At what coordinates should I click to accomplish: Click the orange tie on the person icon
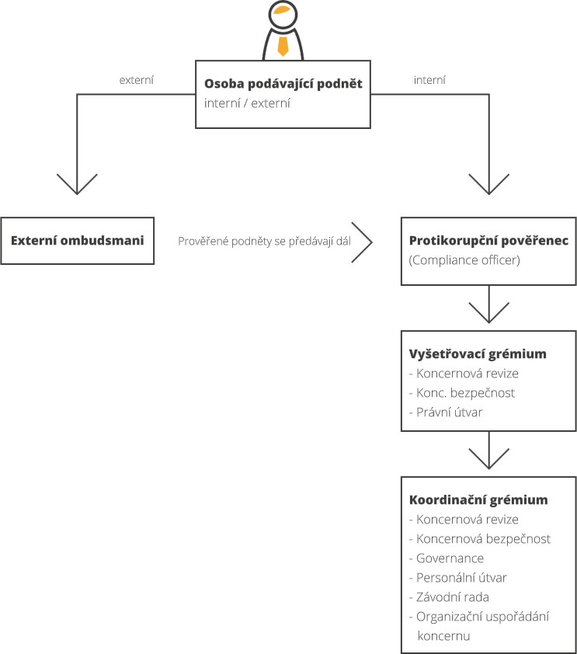point(283,46)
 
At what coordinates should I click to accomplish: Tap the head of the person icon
point(283,15)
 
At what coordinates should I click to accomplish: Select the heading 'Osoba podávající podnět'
point(283,83)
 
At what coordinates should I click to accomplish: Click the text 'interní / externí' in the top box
point(247,103)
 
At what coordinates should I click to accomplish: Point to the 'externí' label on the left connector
point(137,80)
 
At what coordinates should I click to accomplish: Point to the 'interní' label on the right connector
point(429,80)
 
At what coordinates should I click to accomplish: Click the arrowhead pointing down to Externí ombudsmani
point(77,184)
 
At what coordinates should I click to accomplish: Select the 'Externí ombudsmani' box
point(77,241)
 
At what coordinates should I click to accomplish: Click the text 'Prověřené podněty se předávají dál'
point(264,241)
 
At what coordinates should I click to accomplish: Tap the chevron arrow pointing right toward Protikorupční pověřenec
point(362,242)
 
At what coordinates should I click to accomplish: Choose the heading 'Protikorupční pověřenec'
point(488,241)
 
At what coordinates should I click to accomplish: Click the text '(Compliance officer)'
point(464,260)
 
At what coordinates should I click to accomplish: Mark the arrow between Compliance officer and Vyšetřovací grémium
point(489,304)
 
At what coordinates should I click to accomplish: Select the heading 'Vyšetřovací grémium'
point(478,353)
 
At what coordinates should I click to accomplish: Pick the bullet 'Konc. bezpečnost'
point(462,393)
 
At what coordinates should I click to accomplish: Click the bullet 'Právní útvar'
point(446,412)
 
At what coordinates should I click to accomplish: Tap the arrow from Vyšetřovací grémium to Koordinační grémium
point(489,450)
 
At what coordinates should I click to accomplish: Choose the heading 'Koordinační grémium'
point(478,499)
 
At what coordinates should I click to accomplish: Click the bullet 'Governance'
point(447,558)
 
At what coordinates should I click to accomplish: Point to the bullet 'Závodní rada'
point(449,597)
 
